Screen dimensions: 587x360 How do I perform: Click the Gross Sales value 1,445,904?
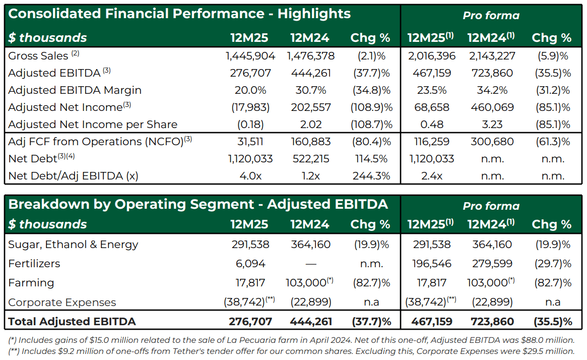(250, 56)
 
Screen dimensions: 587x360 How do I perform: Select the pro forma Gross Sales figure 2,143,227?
(492, 56)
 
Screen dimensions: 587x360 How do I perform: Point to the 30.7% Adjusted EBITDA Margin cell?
(311, 90)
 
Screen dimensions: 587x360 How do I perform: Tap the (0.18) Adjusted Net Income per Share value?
(250, 125)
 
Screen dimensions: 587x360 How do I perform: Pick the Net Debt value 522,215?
(311, 159)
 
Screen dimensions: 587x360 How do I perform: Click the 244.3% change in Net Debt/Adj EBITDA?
(371, 176)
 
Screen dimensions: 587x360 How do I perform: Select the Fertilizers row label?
(34, 264)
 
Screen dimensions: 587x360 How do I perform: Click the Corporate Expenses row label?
(62, 303)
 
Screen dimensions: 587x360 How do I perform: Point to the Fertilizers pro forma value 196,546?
(432, 264)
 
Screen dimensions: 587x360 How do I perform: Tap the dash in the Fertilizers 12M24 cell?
(311, 264)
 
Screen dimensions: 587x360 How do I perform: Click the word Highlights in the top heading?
(314, 14)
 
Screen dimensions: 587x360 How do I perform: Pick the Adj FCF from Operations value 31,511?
(250, 142)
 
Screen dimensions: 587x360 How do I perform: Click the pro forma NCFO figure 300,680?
(492, 142)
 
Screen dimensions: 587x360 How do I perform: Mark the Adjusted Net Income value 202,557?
(311, 107)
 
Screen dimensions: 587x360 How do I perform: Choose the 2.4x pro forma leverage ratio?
(432, 176)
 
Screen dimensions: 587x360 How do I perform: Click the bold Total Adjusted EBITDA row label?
(72, 322)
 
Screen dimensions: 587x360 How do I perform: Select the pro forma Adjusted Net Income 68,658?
(432, 107)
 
